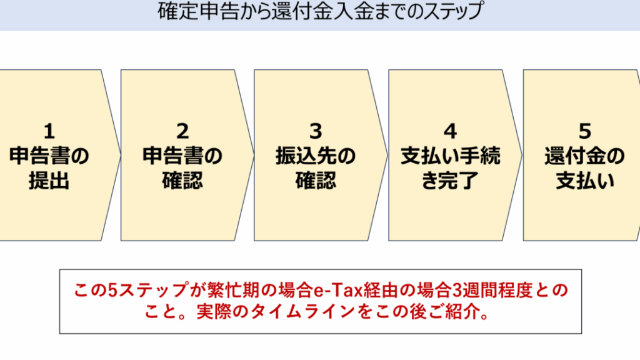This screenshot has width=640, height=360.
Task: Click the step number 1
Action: [49, 131]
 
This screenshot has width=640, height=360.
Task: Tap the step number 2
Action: [182, 131]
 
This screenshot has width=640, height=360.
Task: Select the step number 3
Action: [316, 131]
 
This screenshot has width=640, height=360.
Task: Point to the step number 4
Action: [450, 131]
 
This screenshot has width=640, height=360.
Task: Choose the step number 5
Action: [585, 131]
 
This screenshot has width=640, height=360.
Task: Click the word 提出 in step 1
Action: [49, 181]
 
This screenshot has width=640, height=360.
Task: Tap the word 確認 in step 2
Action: [182, 181]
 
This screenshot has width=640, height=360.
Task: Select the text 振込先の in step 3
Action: [316, 156]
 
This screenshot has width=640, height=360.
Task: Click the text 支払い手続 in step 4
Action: [450, 156]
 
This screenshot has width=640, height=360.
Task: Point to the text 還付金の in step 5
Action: [584, 156]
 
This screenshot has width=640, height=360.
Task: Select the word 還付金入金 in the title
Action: [323, 11]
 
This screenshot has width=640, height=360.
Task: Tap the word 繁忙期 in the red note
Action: [233, 290]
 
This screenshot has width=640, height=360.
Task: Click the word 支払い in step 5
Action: [585, 181]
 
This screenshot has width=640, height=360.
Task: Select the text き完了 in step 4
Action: [450, 181]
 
